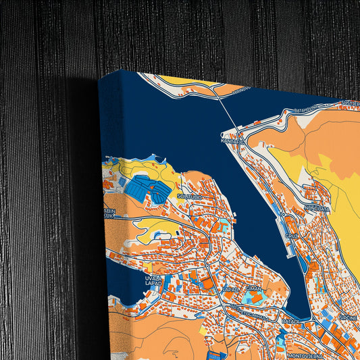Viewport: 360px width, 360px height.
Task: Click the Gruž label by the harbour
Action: pos(292,236)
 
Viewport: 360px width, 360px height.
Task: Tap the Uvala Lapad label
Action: pos(153,280)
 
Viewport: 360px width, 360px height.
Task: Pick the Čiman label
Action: pos(254,288)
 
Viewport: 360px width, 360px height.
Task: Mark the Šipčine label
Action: pos(348,317)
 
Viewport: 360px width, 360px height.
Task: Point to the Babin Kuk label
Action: pos(109,215)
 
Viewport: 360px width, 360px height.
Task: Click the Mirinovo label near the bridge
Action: pos(242,88)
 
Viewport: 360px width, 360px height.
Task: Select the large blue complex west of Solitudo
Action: pos(146,188)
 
